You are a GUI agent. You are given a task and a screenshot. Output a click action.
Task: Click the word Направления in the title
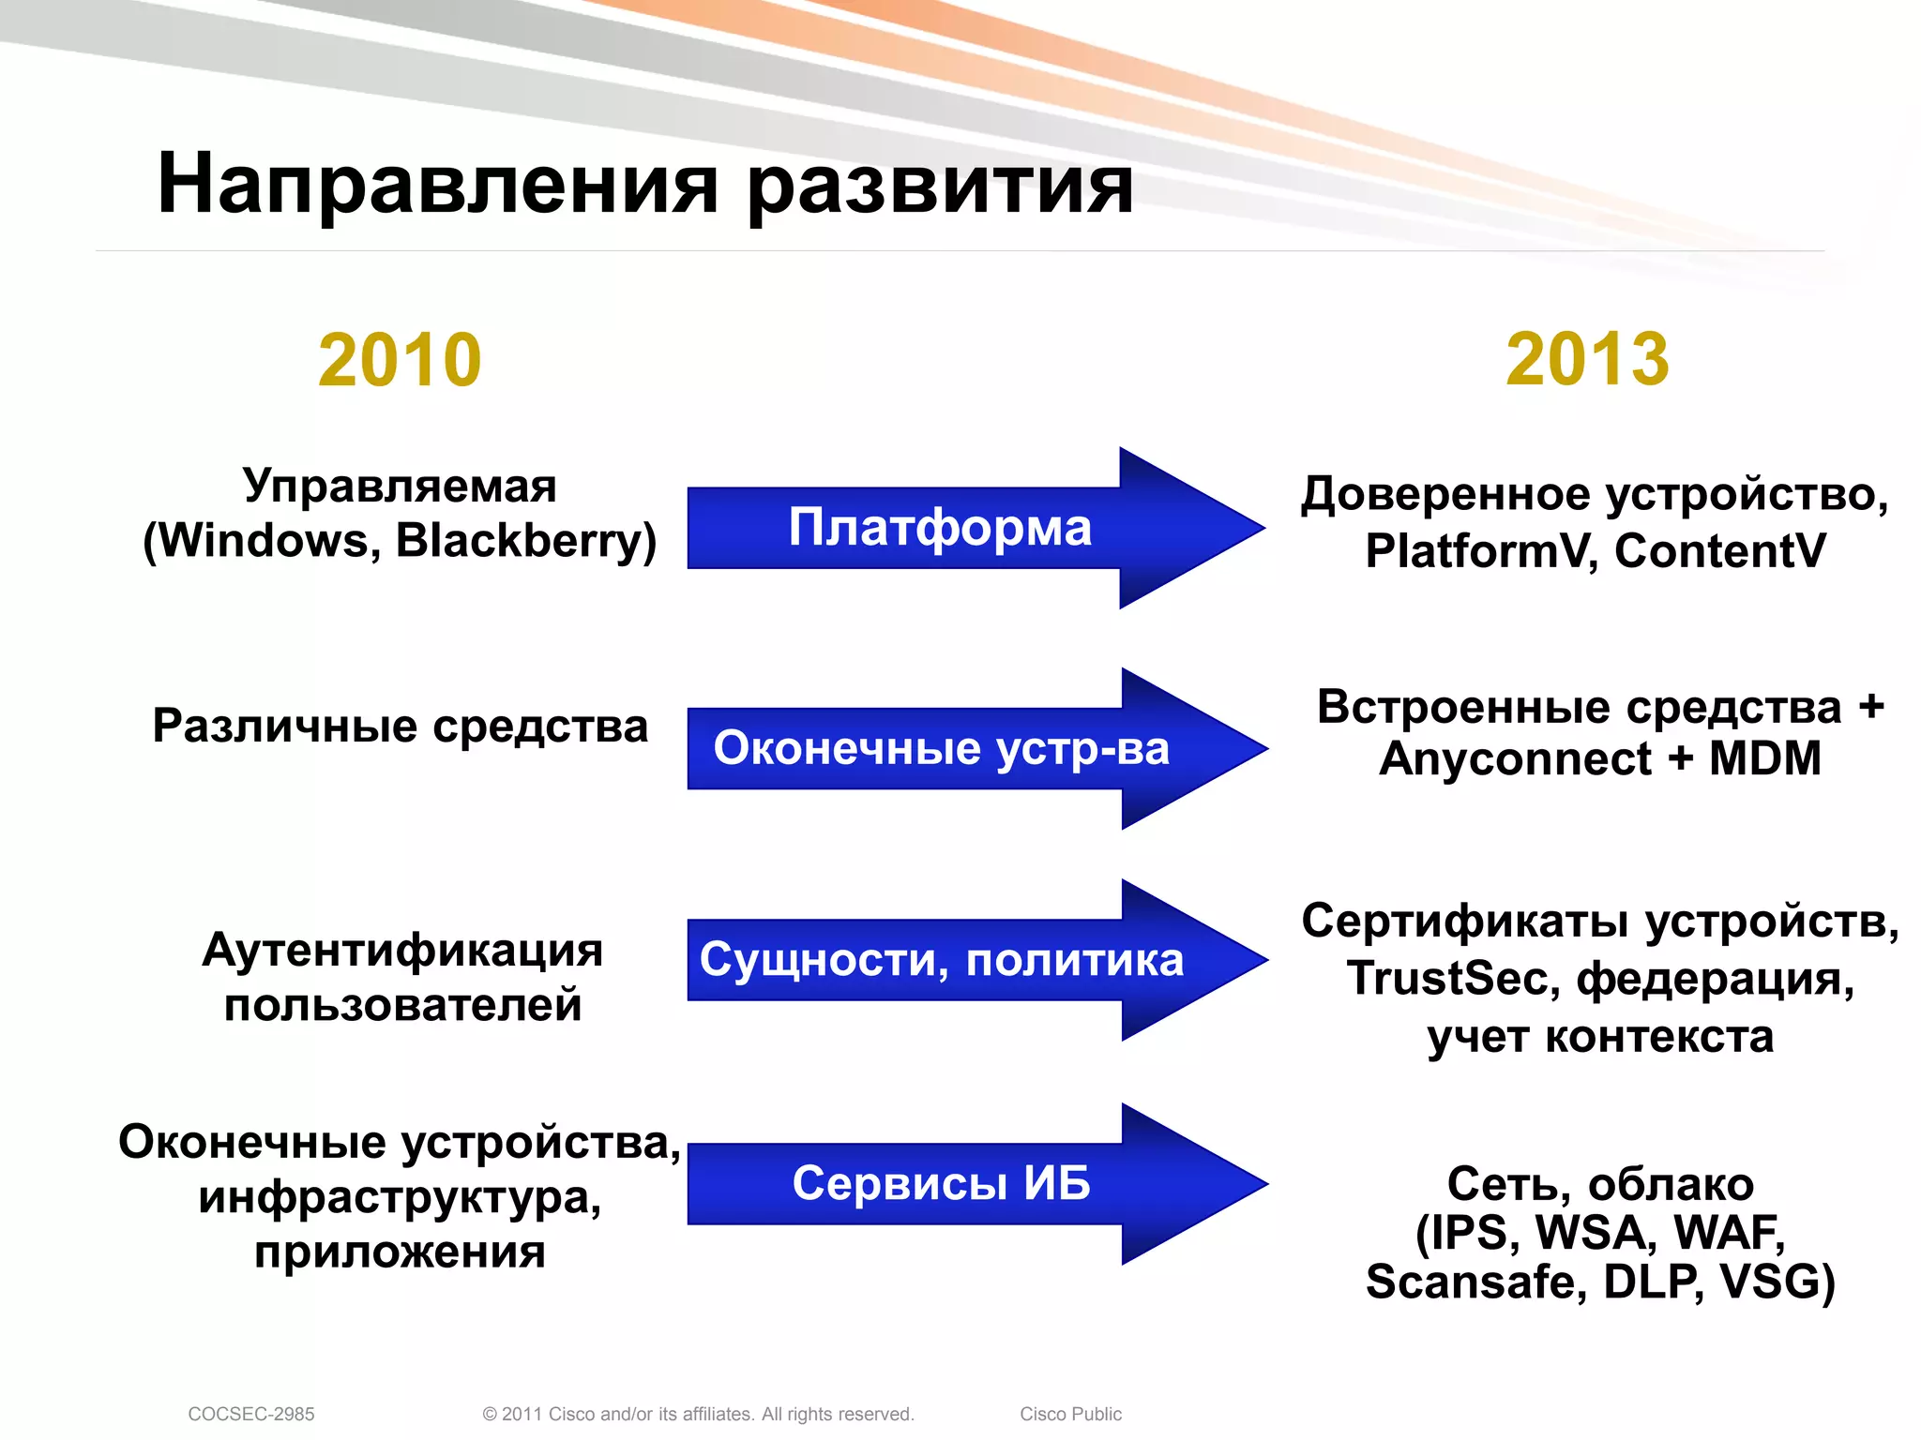pos(437,185)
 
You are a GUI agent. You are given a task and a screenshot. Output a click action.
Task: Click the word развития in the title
pos(940,185)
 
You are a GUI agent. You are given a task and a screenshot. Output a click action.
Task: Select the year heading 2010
pos(400,360)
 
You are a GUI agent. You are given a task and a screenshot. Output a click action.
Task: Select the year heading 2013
pos(1587,360)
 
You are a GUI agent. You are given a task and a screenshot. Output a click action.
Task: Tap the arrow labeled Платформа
pos(940,528)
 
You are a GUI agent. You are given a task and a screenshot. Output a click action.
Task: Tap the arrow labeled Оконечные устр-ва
pos(941,749)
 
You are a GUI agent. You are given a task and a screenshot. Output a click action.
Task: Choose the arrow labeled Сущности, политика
pos(941,960)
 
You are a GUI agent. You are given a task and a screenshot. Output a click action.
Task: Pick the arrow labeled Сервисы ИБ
pos(941,1183)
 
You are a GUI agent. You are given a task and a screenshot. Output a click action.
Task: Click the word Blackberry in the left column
pos(526,541)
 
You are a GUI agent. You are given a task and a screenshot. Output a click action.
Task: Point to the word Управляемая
pos(400,487)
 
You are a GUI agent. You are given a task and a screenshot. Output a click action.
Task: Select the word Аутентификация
pos(402,951)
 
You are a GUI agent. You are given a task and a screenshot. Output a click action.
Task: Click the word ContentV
pos(1720,551)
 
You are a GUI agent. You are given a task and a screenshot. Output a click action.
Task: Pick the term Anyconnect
pos(1515,758)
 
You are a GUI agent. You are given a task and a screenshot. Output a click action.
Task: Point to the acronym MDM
pos(1764,758)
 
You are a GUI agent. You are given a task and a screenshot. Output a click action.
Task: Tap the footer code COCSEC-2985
pos(251,1414)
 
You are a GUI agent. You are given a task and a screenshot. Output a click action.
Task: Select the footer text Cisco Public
pos(1070,1414)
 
